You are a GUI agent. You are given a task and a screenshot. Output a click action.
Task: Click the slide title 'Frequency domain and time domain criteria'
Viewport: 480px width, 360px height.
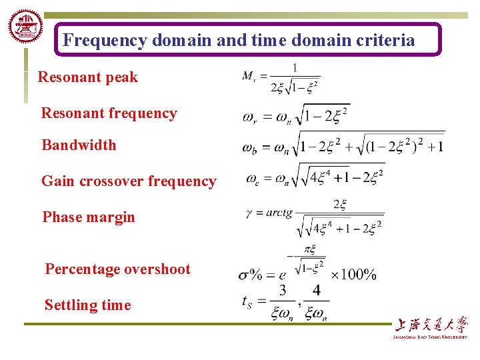[x=239, y=41]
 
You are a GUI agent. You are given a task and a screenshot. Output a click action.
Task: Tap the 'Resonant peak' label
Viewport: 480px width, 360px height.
[x=87, y=77]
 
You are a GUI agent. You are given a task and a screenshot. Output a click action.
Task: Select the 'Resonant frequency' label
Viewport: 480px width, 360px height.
[x=109, y=113]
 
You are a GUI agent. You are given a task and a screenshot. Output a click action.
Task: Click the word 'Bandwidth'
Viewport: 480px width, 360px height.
[x=79, y=145]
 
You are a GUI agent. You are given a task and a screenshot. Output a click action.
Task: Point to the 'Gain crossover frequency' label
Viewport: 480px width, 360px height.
[x=129, y=181]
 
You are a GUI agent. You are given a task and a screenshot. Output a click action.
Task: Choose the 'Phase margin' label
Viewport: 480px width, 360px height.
[x=89, y=217]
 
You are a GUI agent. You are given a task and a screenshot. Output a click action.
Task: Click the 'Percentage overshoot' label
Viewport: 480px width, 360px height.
[x=117, y=269]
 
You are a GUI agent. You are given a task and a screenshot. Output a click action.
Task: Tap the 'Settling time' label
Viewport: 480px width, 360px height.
[x=87, y=305]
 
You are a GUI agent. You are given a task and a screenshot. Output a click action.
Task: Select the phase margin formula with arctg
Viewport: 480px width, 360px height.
[x=315, y=217]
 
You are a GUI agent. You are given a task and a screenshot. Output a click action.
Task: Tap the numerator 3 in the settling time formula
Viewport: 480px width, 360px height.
[x=283, y=291]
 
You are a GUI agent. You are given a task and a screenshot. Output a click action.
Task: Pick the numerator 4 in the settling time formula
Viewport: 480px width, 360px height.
[x=316, y=291]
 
